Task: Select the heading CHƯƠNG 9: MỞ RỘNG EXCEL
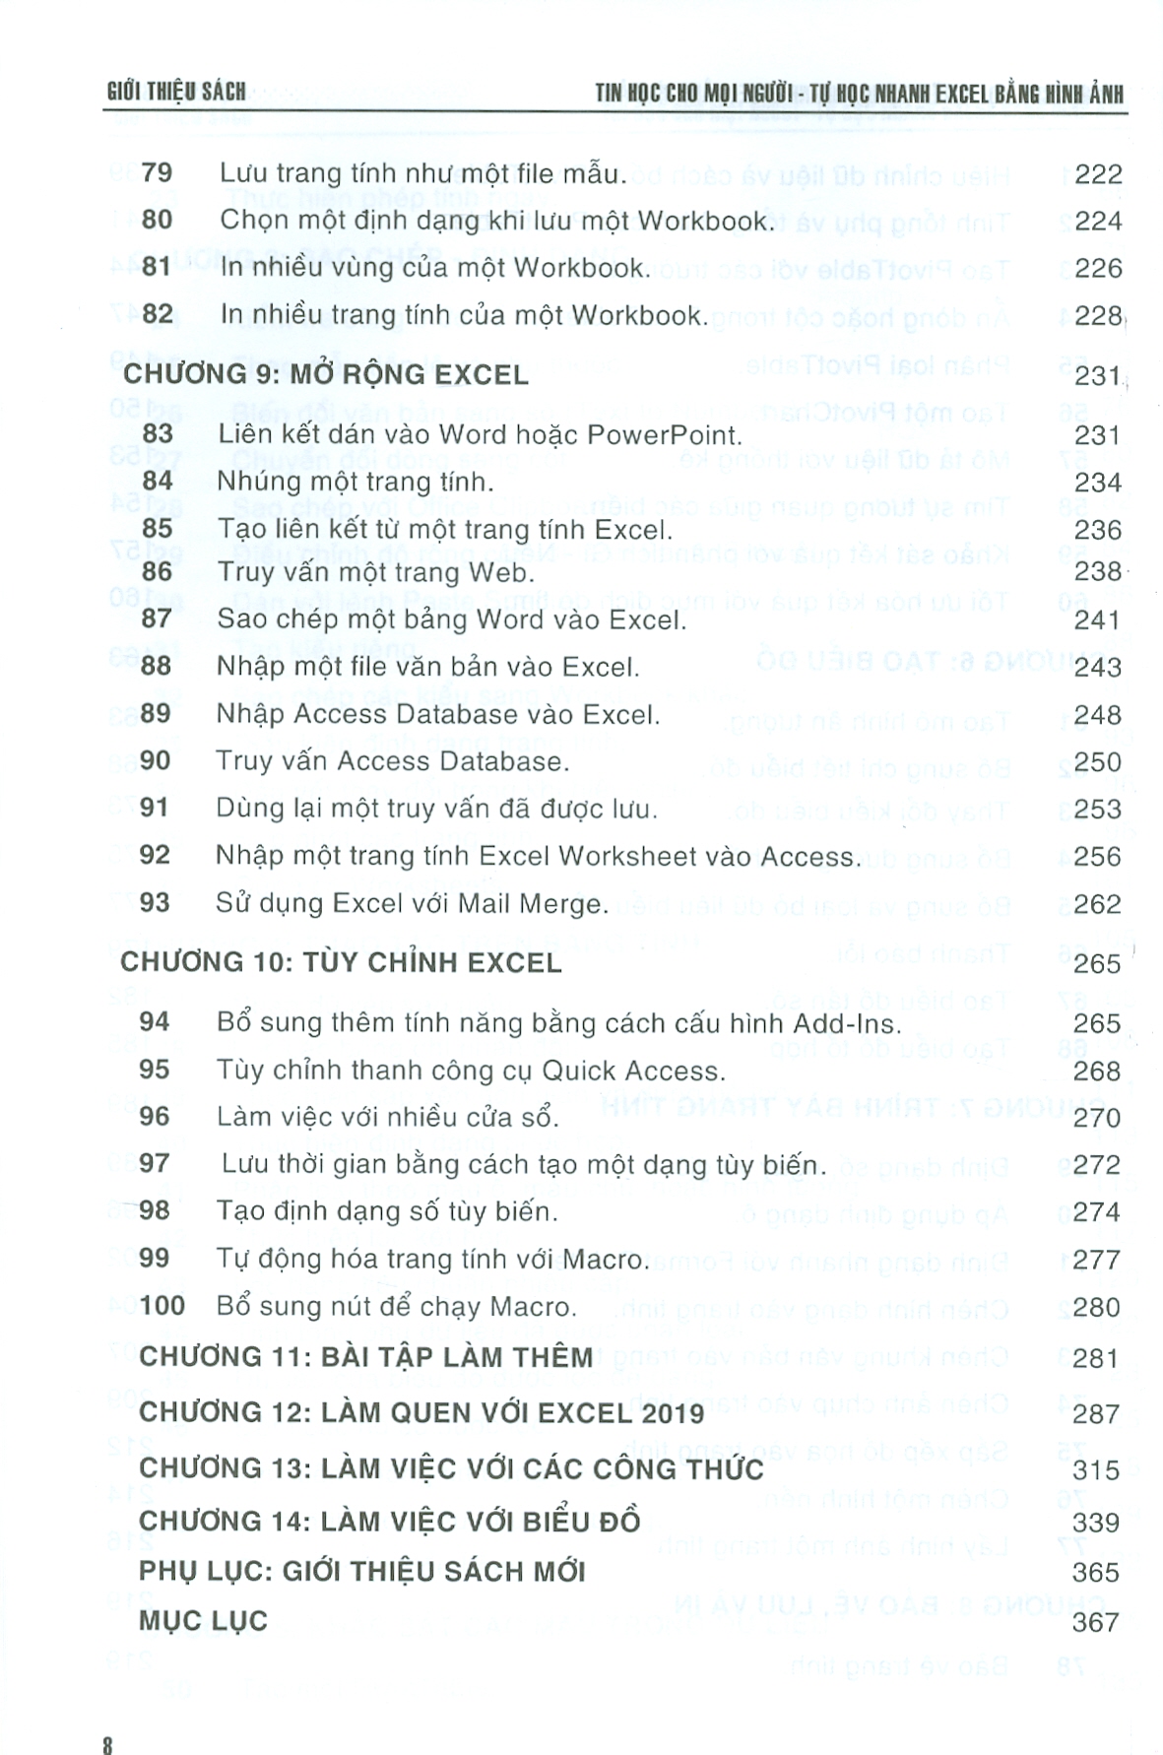[325, 375]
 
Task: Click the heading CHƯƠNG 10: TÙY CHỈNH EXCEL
[341, 962]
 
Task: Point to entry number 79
[157, 173]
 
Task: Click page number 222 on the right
[1098, 174]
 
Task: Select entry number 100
[162, 1306]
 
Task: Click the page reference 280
[1097, 1307]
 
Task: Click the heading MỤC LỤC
[203, 1621]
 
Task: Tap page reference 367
[1095, 1622]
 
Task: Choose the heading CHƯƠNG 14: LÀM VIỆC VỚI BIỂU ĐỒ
[390, 1521]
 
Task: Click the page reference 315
[1096, 1470]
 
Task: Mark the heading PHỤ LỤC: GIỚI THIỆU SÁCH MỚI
[362, 1571]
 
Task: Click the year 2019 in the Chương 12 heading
[666, 1413]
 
